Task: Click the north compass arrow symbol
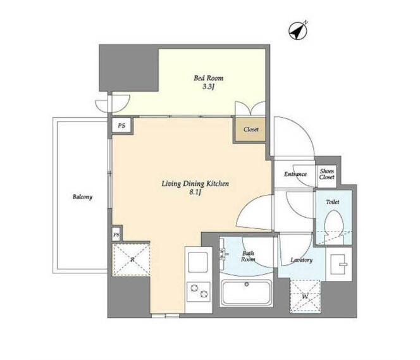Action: click(298, 31)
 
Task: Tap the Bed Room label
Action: click(208, 78)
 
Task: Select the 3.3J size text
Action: click(207, 87)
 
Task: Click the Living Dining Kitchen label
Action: click(195, 183)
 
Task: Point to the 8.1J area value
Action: click(195, 192)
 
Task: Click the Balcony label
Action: click(82, 197)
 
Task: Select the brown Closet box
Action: click(250, 130)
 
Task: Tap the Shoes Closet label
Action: click(326, 174)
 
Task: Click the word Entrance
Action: click(295, 174)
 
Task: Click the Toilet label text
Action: click(333, 202)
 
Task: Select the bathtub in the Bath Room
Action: click(246, 293)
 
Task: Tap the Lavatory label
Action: click(302, 260)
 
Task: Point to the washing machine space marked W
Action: click(306, 296)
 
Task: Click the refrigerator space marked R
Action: click(132, 259)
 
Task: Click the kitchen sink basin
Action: click(198, 262)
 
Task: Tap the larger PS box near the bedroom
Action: click(121, 125)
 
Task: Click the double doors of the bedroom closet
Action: click(250, 108)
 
